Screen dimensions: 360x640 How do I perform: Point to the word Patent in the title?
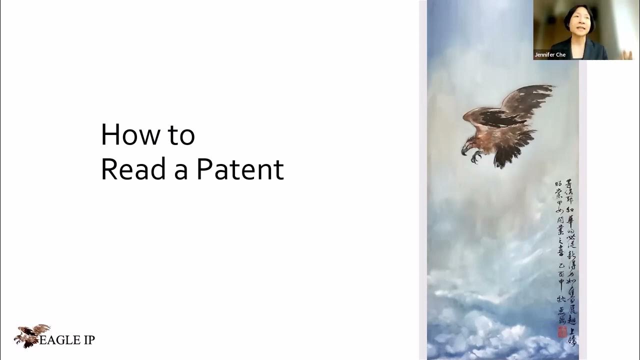(240, 170)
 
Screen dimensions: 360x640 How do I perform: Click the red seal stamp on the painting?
(562, 331)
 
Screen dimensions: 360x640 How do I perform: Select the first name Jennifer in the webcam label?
(544, 54)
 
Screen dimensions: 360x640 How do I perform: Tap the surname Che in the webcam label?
(561, 54)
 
